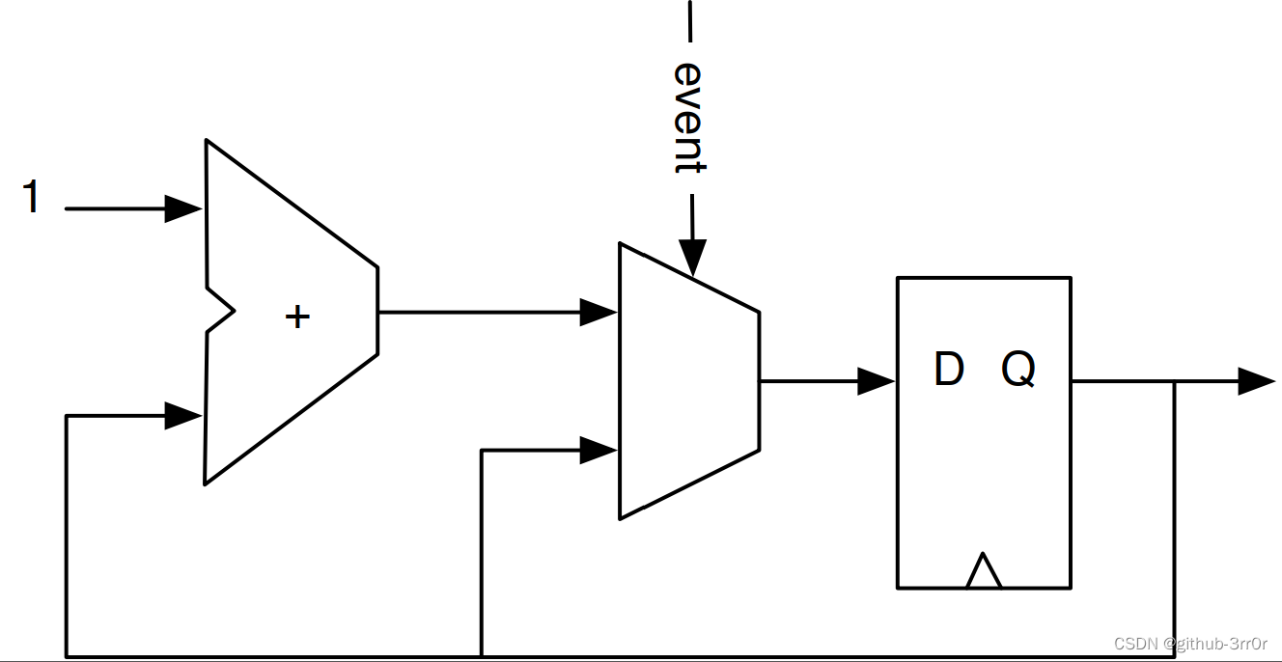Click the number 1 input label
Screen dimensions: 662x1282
coord(32,197)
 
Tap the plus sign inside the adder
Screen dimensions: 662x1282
coord(297,317)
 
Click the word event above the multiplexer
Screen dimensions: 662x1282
coord(688,118)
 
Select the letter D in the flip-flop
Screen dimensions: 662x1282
coord(949,369)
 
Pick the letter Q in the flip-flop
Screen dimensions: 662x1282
coord(1018,369)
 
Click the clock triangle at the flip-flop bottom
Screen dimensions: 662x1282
coord(983,571)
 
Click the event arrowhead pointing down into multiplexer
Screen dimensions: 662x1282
coord(692,259)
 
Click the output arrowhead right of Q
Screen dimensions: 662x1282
coord(1257,381)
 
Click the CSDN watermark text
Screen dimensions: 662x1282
coord(1189,644)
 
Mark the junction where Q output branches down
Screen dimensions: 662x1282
coord(1174,382)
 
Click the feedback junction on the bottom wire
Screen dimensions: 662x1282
coord(482,656)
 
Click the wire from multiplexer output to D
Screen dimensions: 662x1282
coord(811,381)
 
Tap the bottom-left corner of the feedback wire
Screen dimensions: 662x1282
coord(67,656)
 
